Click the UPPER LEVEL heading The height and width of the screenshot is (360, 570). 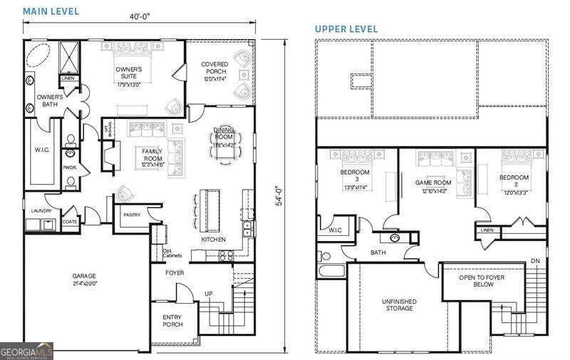pos(347,29)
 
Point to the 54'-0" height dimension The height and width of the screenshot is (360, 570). pos(280,195)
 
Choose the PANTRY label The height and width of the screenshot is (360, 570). pos(132,215)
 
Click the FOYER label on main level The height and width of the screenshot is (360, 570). pos(175,272)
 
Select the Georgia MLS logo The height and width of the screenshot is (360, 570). pos(26,351)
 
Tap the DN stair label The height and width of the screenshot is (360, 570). pos(535,262)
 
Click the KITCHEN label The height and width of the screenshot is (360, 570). pos(213,240)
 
